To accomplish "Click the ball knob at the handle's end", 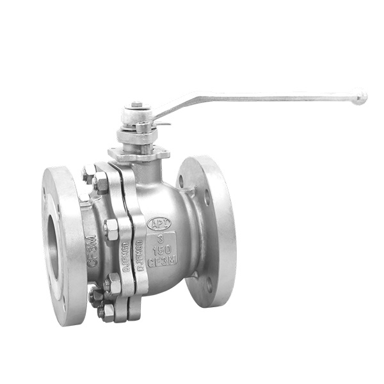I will pyautogui.click(x=361, y=98).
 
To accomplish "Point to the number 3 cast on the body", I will pyautogui.click(x=159, y=237).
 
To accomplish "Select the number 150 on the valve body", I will pyautogui.click(x=159, y=250).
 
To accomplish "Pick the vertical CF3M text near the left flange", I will pyautogui.click(x=92, y=251).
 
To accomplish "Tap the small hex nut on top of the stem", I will pyautogui.click(x=136, y=104).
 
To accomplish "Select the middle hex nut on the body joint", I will pyautogui.click(x=111, y=229).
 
